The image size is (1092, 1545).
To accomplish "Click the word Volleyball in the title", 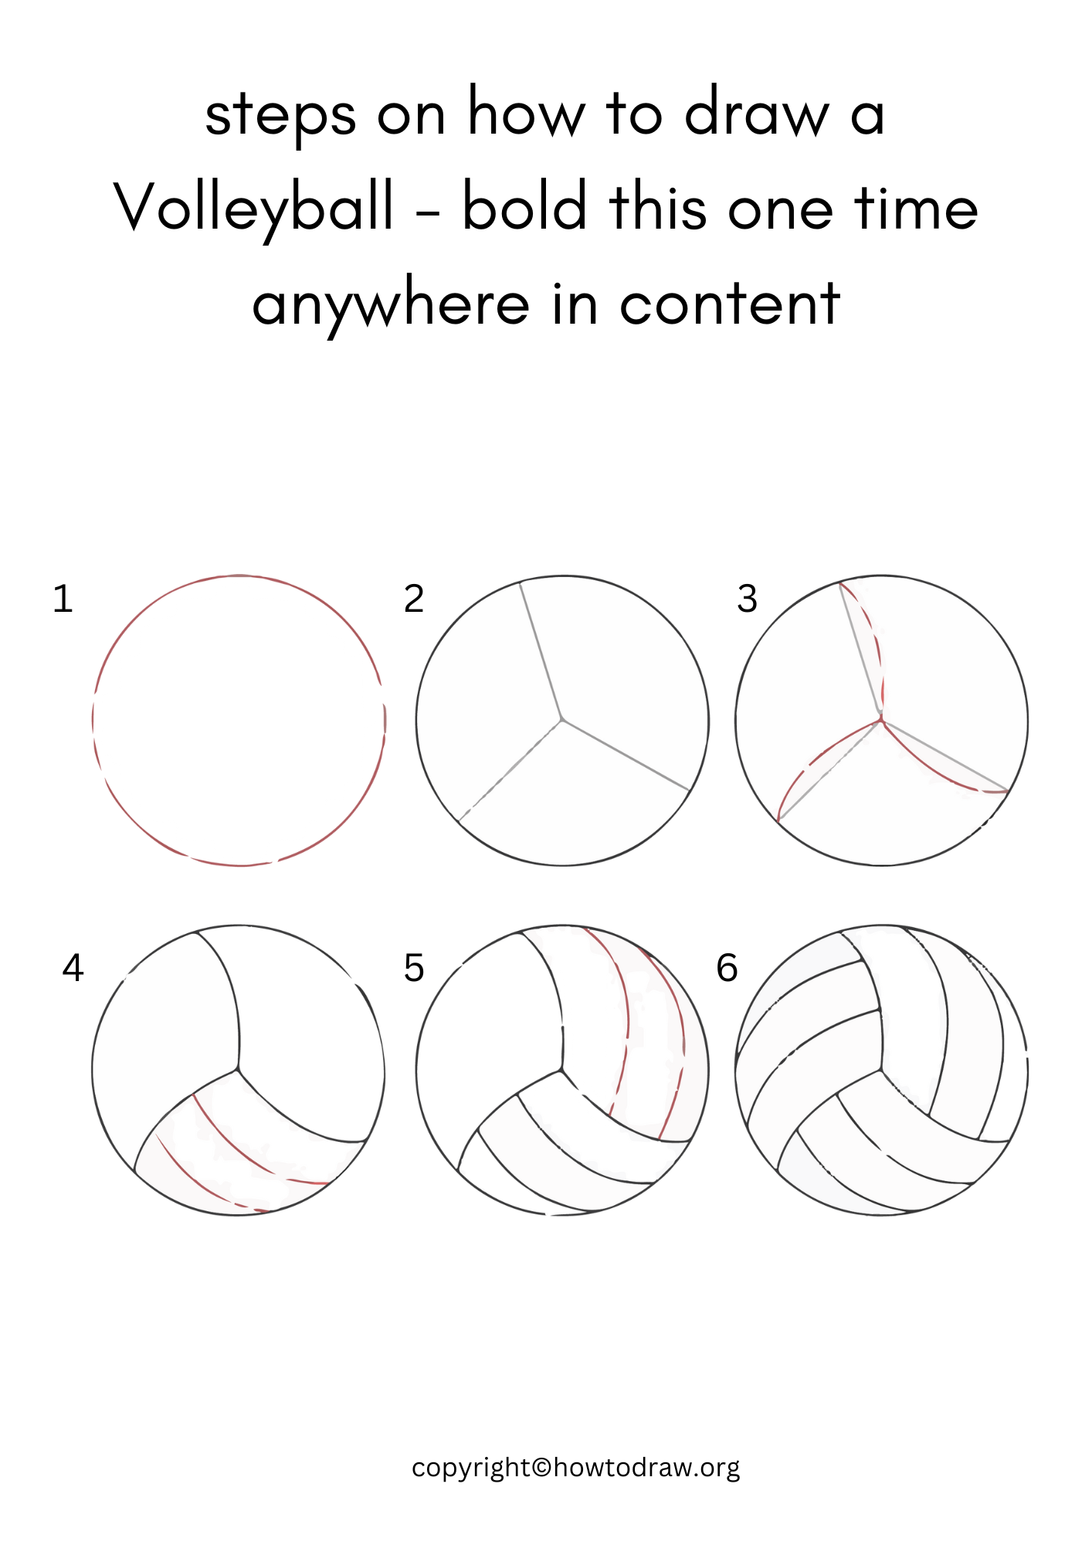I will [x=254, y=209].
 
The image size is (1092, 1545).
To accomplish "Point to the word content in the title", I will [x=729, y=304].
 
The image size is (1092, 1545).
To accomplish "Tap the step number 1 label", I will [x=63, y=599].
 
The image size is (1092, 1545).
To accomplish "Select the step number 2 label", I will [x=414, y=599].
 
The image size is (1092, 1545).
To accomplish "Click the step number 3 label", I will [x=747, y=599].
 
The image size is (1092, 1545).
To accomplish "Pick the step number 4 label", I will [x=73, y=968].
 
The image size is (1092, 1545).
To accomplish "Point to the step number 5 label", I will [x=414, y=968].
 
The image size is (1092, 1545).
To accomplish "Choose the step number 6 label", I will [x=727, y=968].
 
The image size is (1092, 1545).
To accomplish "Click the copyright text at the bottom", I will [x=575, y=1467].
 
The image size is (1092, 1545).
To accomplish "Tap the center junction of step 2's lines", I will [x=562, y=720].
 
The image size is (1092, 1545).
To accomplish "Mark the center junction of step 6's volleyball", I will [x=881, y=1070].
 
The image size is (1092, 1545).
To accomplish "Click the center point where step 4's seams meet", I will [x=238, y=1070].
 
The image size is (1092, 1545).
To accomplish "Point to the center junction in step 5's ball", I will [x=562, y=1070].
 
